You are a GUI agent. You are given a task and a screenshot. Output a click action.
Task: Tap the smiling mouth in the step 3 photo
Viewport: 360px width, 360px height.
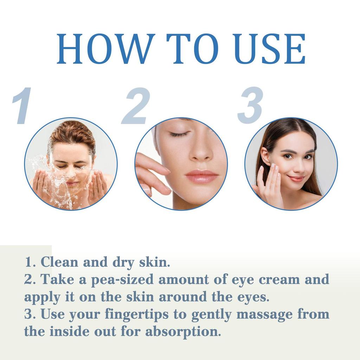point(296,179)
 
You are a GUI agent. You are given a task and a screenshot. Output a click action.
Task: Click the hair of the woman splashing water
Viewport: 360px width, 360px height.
point(72,134)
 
